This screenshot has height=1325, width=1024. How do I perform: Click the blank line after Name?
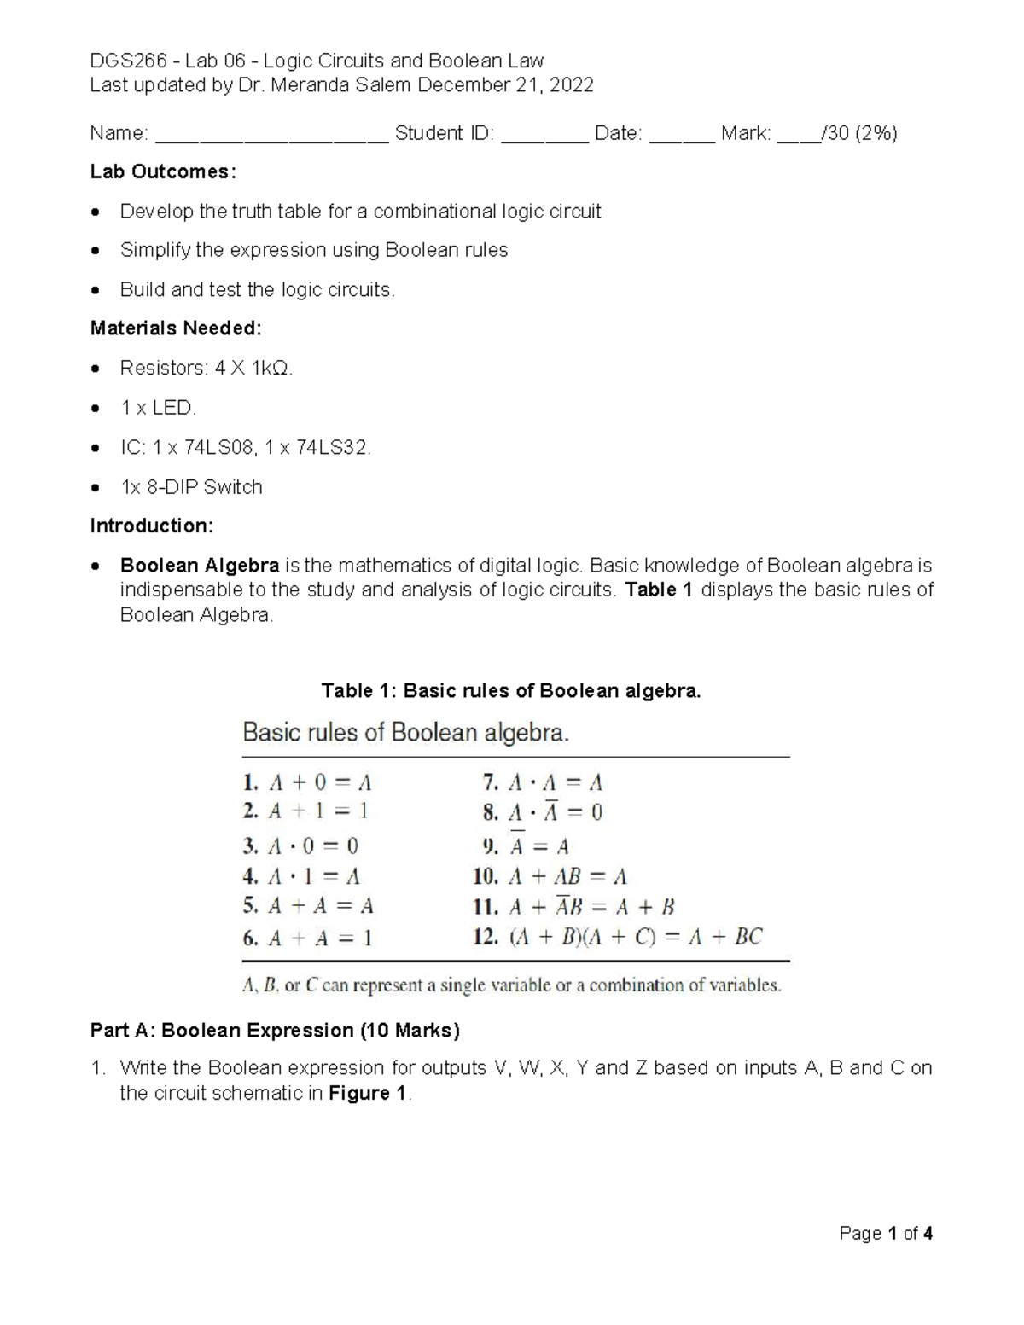(272, 135)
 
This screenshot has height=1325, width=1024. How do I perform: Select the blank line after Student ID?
(544, 135)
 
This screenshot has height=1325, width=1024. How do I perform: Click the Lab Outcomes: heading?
(163, 171)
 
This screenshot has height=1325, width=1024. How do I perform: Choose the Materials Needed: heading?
(176, 328)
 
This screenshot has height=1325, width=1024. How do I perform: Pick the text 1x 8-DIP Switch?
(191, 487)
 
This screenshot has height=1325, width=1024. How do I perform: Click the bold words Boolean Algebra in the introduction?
(200, 566)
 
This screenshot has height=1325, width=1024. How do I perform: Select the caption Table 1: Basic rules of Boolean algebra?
(510, 691)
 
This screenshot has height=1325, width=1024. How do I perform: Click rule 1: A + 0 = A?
(308, 782)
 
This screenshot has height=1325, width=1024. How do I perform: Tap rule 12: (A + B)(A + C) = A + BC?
(618, 938)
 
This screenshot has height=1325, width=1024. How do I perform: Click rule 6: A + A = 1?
(308, 939)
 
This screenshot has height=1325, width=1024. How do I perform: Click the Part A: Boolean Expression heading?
(275, 1031)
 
